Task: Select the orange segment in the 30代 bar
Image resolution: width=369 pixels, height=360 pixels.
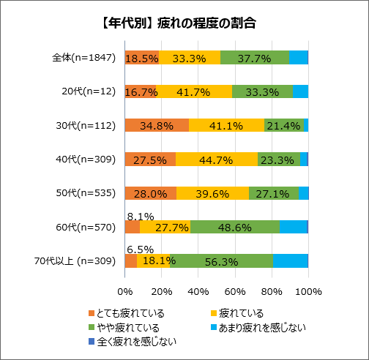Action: (157, 125)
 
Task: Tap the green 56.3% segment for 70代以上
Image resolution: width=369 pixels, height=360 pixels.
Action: (221, 261)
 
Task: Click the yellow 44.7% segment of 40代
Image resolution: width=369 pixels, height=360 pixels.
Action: (216, 159)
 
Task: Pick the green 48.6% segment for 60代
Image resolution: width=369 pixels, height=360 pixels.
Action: (234, 227)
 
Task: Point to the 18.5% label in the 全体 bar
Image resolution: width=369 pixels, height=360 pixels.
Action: (142, 58)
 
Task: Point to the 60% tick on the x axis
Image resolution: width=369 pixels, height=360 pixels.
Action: (234, 291)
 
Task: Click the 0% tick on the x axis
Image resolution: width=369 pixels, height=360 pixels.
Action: (125, 291)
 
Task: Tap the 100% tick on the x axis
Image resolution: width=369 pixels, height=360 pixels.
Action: (308, 291)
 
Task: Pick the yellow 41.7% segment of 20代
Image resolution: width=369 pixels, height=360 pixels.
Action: (194, 91)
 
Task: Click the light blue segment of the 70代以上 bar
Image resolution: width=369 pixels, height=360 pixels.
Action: (290, 261)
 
